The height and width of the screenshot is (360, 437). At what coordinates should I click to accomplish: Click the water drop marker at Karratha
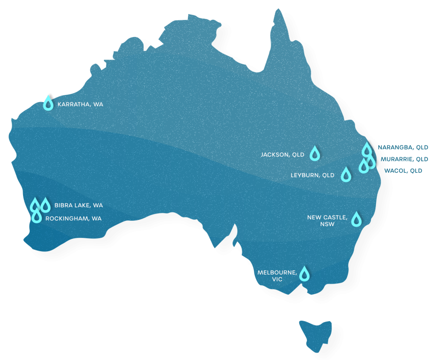click(49, 103)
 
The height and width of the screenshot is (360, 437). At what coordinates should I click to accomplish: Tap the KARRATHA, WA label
click(80, 104)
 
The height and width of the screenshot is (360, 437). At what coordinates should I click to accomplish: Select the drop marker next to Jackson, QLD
click(315, 154)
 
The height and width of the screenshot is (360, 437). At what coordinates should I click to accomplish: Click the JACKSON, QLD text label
click(283, 155)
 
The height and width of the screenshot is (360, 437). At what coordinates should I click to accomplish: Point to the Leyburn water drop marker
click(346, 174)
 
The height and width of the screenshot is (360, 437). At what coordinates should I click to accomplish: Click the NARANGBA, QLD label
click(402, 147)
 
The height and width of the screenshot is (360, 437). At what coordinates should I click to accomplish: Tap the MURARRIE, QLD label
click(404, 159)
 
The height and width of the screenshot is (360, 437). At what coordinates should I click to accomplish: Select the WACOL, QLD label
click(403, 171)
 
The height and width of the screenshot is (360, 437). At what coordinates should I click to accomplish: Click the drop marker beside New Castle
click(356, 220)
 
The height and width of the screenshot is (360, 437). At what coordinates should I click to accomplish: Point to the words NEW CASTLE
click(327, 217)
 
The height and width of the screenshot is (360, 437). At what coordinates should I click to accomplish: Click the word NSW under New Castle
click(327, 224)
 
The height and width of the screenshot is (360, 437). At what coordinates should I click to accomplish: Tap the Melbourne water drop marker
click(304, 274)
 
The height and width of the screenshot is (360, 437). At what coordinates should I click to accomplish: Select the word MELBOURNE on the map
click(277, 272)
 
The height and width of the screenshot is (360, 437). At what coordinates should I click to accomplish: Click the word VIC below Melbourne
click(277, 279)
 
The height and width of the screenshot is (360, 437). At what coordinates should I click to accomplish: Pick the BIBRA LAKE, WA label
click(79, 205)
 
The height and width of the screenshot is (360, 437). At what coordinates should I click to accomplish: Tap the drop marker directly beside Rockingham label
click(37, 217)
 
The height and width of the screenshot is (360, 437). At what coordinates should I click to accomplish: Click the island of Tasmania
click(315, 334)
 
